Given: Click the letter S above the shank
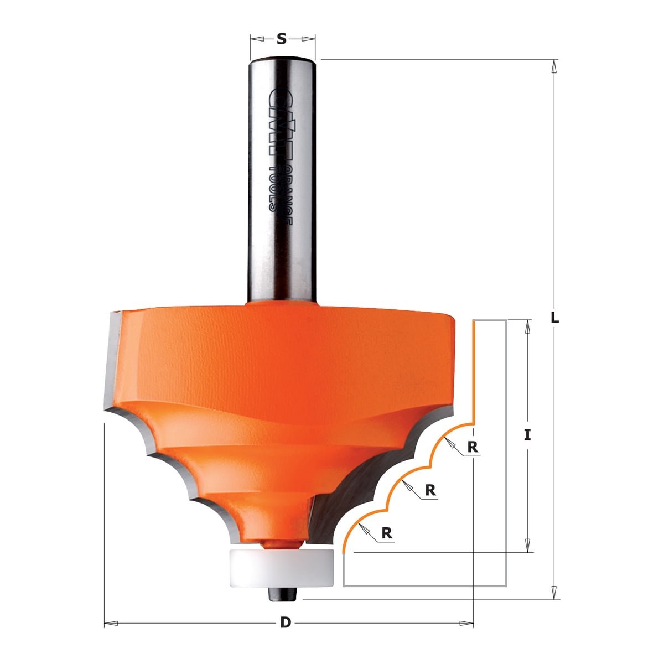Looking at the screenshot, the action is click(x=282, y=39).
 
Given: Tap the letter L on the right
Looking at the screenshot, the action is click(x=554, y=318).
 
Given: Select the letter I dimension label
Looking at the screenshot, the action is click(x=527, y=435).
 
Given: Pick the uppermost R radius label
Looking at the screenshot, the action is click(x=473, y=447).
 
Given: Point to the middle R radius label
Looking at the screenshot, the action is click(x=430, y=490).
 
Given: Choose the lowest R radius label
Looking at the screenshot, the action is click(x=387, y=533).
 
